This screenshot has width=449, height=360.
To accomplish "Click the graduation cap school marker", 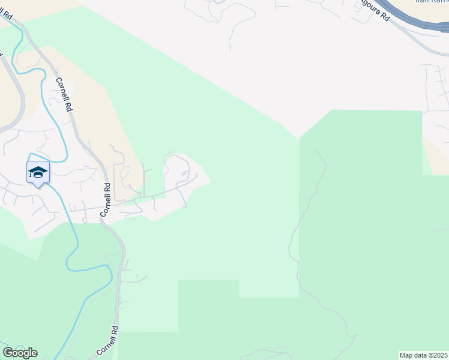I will point(38,173).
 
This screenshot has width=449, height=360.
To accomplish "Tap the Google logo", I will point(20,353).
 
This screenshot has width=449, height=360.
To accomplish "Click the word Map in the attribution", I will point(406,355).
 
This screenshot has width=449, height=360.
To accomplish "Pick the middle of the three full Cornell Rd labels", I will point(106,199).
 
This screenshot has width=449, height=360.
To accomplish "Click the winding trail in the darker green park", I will point(294,240).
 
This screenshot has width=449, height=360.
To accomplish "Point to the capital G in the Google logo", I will point(8,353).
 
